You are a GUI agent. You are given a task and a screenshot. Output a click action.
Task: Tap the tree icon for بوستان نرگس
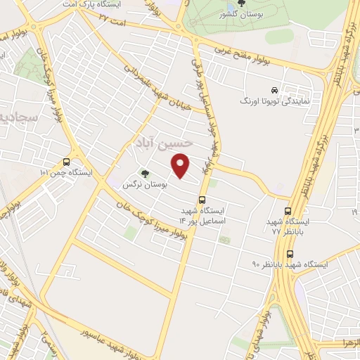pyautogui.click(x=145, y=172)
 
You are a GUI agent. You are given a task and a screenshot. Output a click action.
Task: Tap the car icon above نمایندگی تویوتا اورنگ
pyautogui.click(x=274, y=90)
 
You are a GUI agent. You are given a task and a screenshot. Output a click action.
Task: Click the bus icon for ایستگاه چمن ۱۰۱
pyautogui.click(x=67, y=160)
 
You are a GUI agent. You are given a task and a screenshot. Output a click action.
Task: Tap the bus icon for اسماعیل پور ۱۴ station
pyautogui.click(x=202, y=199)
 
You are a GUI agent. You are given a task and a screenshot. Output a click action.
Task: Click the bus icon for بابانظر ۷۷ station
pyautogui.click(x=288, y=210)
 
